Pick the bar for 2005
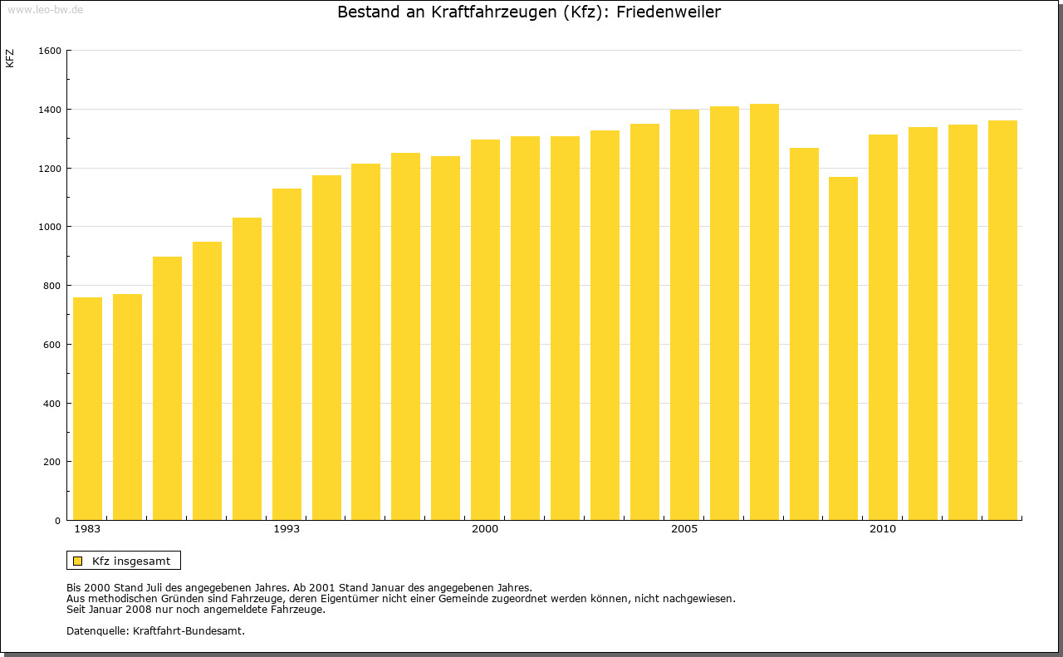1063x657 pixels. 684,315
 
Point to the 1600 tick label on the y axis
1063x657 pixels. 50,51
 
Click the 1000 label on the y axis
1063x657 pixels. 50,227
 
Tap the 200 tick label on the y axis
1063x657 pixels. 52,462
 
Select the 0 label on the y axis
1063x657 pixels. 58,521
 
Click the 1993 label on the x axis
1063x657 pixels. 287,529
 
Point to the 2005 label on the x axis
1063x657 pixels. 684,529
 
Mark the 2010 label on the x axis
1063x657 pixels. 883,529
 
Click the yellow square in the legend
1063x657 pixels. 77,561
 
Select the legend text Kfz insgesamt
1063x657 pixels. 131,561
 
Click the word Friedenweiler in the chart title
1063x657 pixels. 669,12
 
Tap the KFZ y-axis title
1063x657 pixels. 10,58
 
